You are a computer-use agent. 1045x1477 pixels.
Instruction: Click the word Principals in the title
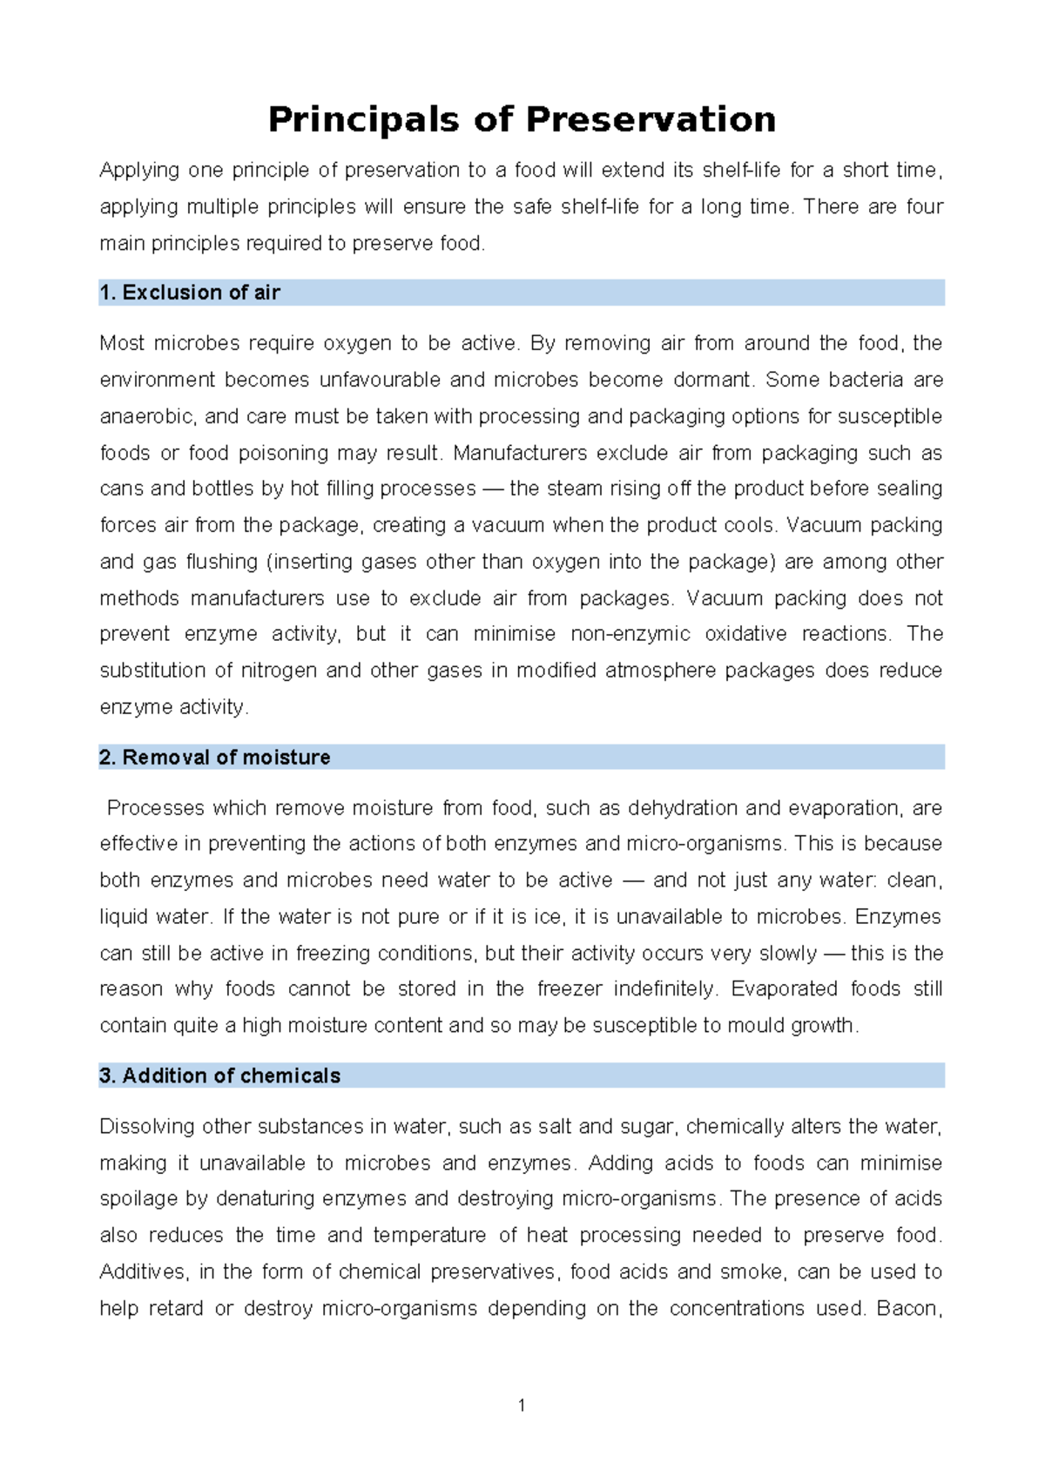(x=363, y=119)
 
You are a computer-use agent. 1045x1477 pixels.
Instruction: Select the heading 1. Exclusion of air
(x=190, y=293)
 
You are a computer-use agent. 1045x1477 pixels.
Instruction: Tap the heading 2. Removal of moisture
(x=214, y=758)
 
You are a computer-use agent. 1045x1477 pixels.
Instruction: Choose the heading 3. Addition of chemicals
(x=219, y=1076)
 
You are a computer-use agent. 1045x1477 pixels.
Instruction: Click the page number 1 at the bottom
(x=521, y=1406)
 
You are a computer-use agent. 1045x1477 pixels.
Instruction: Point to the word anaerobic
(x=146, y=416)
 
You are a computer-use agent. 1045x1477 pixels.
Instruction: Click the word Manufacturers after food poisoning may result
(x=536, y=453)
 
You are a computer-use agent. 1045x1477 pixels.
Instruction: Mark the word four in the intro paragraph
(x=924, y=207)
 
